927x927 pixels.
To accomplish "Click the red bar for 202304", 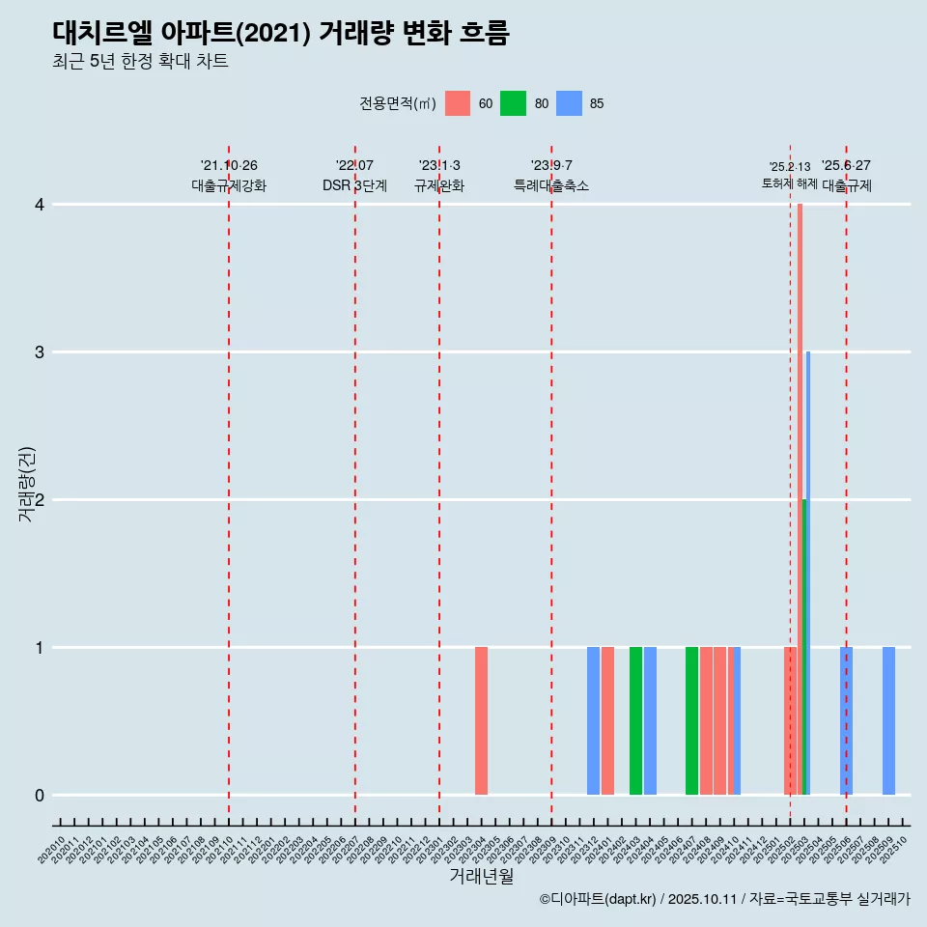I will (x=481, y=720).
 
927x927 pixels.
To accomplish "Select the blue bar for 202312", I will (x=593, y=720).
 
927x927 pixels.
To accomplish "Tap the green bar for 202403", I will (x=635, y=720).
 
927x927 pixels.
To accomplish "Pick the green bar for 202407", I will (x=691, y=720).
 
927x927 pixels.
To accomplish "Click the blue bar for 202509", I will (x=888, y=720).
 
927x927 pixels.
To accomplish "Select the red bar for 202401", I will (x=607, y=720).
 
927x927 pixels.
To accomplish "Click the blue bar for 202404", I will (x=650, y=720).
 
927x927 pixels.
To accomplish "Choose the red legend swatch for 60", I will (x=458, y=103).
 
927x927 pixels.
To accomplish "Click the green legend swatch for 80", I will (x=513, y=103).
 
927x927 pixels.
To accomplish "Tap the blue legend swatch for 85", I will (x=570, y=103).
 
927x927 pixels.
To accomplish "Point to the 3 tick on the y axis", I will (x=40, y=351).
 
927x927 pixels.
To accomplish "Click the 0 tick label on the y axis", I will (x=40, y=795).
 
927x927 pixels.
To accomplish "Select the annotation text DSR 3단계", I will (x=354, y=185).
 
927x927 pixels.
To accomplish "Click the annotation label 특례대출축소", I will (x=550, y=185).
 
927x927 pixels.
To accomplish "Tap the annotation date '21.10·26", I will (x=229, y=165).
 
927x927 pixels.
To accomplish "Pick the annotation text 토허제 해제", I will (x=789, y=183).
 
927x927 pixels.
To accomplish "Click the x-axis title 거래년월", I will (x=481, y=876).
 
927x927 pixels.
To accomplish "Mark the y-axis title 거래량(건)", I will (x=26, y=484).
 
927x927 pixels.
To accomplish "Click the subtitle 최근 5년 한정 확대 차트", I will (x=140, y=62).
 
